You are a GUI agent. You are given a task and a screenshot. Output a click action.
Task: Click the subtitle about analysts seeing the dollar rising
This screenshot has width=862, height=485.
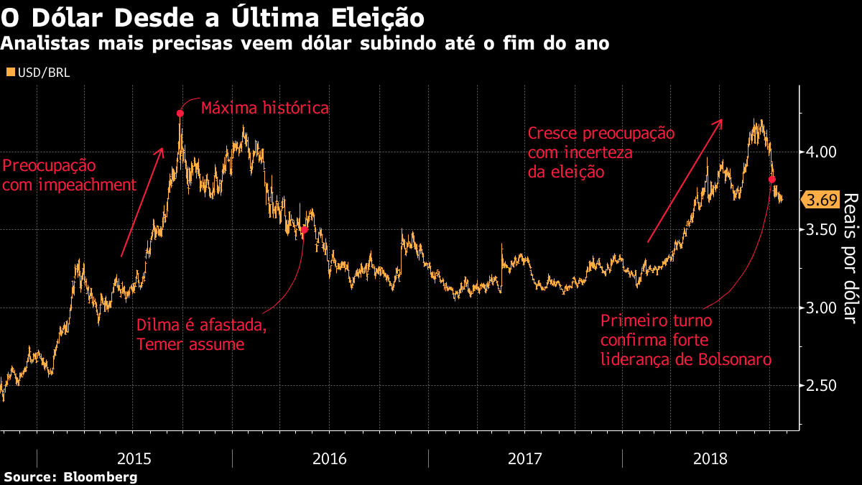pyautogui.click(x=305, y=44)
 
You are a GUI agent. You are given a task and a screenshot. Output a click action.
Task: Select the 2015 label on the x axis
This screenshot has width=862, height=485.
pyautogui.click(x=134, y=458)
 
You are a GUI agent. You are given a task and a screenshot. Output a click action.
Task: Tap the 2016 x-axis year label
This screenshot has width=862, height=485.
pyautogui.click(x=330, y=458)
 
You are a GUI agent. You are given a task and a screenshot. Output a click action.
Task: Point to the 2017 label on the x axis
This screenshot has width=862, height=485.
pyautogui.click(x=525, y=458)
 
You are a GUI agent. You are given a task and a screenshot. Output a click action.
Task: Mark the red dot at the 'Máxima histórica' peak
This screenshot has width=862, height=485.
pyautogui.click(x=180, y=114)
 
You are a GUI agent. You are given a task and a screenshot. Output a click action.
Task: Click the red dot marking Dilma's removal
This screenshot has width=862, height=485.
pyautogui.click(x=304, y=230)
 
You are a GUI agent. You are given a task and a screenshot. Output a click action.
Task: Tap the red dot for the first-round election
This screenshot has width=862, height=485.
pyautogui.click(x=772, y=180)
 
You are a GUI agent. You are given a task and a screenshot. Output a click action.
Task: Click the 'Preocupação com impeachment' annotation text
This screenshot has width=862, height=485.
pyautogui.click(x=69, y=175)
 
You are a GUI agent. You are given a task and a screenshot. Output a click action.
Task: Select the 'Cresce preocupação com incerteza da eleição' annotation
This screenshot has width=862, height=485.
pyautogui.click(x=601, y=152)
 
